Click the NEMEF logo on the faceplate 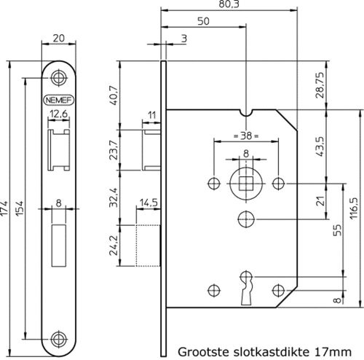(x=58, y=100)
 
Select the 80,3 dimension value (x=229, y=4)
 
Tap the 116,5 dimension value (x=354, y=208)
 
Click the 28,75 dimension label (x=320, y=85)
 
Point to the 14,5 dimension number (x=149, y=202)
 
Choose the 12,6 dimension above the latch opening (x=59, y=114)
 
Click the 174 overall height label (x=4, y=208)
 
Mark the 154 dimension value (x=19, y=208)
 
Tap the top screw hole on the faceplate (x=58, y=78)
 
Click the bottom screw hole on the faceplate (x=58, y=339)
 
